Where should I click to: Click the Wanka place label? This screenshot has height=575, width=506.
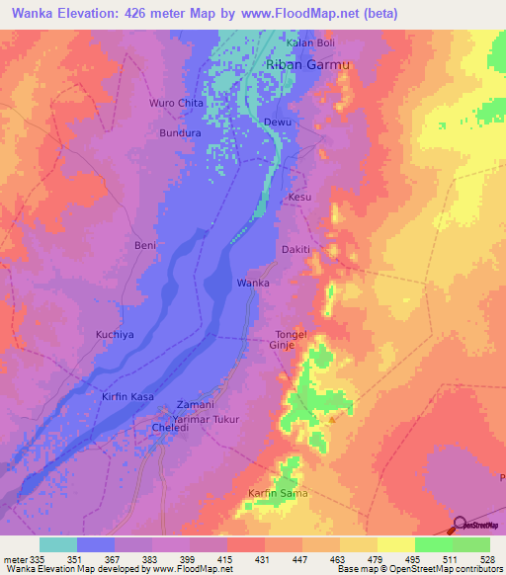(252, 283)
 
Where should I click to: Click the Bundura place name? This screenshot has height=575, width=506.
(181, 131)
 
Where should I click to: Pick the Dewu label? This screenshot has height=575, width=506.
(277, 122)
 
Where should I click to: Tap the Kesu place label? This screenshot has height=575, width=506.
(299, 198)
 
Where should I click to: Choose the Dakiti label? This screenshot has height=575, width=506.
(296, 250)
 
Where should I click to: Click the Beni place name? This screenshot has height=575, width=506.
(145, 244)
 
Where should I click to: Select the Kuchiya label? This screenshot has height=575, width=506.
(114, 335)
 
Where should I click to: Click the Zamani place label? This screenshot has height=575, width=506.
(194, 405)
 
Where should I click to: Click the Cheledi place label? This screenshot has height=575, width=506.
(170, 429)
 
